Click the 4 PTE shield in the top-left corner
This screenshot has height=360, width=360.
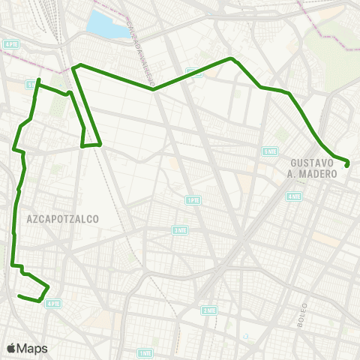11,44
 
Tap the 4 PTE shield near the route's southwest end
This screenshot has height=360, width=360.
52,304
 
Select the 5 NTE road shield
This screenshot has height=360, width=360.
270,151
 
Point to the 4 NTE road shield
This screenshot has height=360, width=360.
292,196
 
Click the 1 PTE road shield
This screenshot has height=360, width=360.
193,200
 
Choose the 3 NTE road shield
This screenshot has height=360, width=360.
180,230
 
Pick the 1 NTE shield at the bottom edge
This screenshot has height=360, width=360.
145,352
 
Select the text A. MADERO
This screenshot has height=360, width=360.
313,174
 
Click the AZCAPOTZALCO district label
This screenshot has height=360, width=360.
63,218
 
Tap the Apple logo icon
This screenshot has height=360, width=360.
11,348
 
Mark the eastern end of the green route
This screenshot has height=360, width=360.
348,163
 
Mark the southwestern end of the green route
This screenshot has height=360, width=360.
18,295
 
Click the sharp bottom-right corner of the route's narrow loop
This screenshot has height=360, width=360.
100,144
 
